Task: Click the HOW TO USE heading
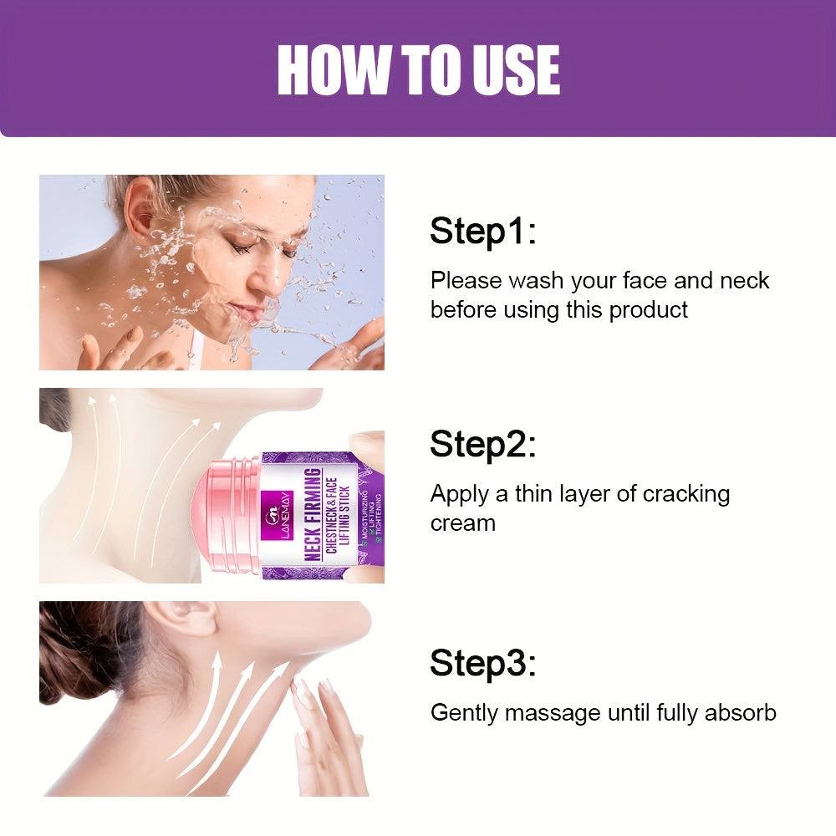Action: [418, 70]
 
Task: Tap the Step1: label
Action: [482, 231]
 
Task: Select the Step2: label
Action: [482, 445]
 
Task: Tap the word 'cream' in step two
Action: [462, 523]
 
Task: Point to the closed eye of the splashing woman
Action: [243, 247]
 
